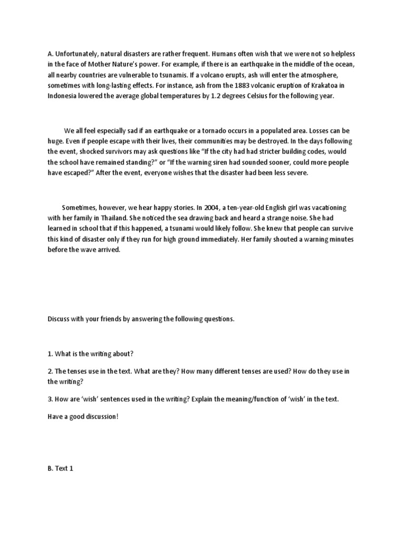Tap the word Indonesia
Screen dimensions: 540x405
64,97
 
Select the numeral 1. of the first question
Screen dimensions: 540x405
50,353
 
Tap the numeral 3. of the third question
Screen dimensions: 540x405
50,399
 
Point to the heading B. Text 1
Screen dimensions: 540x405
61,468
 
